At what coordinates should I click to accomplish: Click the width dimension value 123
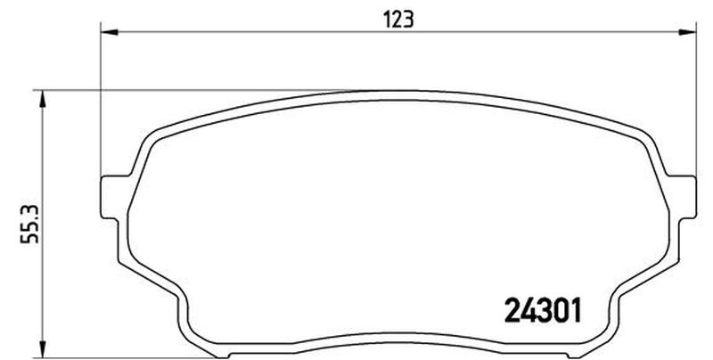point(398,20)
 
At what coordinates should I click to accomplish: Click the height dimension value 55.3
point(30,224)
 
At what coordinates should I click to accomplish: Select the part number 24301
point(544,310)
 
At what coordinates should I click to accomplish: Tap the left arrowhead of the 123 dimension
point(109,32)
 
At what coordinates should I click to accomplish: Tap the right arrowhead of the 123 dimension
point(687,32)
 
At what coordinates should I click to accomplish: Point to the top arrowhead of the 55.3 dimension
point(42,99)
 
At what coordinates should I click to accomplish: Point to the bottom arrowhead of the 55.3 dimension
point(42,349)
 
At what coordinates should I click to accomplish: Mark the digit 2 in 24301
point(512,310)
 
